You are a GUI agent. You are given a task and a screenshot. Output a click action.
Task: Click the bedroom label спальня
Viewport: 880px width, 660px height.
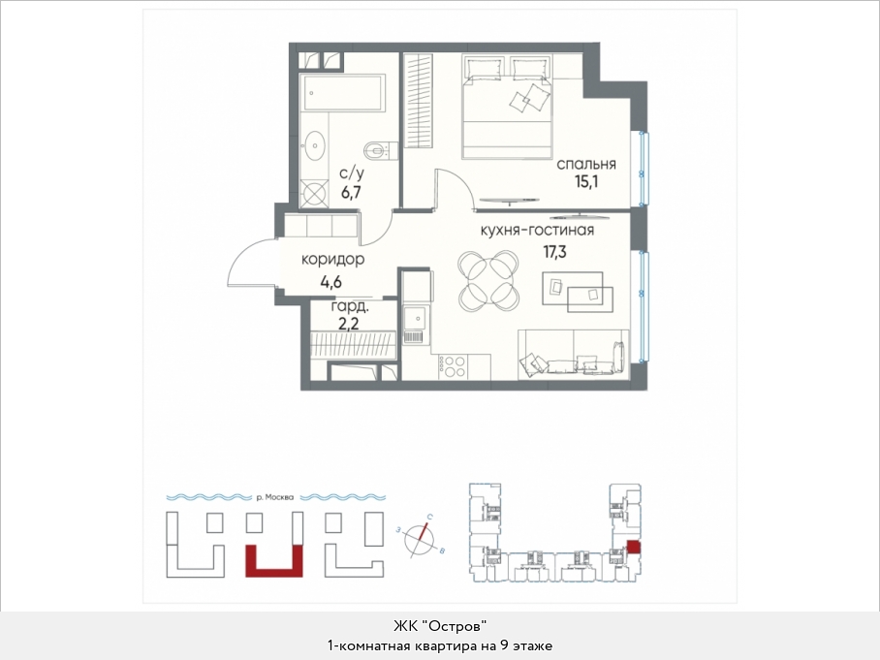586,165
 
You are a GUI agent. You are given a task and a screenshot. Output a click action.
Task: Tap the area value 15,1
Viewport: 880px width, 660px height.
586,182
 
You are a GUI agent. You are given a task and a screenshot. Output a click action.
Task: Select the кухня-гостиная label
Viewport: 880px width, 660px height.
537,231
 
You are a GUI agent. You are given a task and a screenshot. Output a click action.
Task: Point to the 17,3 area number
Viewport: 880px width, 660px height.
554,252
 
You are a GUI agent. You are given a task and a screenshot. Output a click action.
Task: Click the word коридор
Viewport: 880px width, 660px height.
332,260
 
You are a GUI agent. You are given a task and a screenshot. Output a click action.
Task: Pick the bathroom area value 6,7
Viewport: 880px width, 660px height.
351,193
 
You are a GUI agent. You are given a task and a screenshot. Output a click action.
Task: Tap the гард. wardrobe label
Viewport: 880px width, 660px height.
350,306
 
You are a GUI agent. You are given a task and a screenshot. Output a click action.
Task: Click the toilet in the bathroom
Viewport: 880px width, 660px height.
381,150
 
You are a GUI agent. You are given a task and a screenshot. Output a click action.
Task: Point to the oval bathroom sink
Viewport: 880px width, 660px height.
316,146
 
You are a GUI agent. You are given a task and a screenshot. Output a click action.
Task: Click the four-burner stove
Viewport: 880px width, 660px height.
452,366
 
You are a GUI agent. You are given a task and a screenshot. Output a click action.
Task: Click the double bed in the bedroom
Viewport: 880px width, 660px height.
507,106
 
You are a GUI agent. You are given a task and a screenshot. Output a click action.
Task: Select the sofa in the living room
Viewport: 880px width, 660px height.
573,354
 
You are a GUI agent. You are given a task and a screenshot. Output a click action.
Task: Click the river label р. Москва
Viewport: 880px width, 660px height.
274,497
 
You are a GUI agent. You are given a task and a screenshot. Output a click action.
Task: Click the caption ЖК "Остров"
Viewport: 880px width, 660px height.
439,626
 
